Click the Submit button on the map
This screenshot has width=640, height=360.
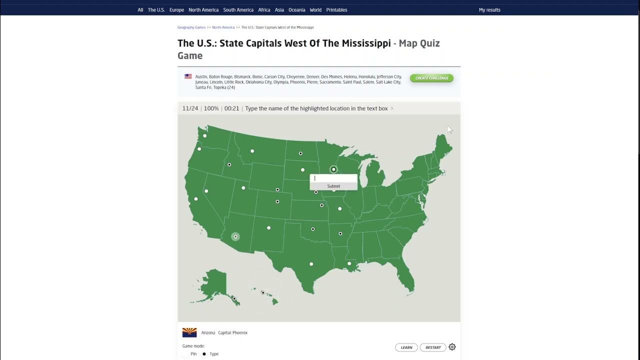(333, 186)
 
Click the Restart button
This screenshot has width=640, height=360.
(433, 347)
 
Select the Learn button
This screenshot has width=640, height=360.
(406, 347)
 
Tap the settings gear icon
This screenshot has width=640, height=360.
(452, 347)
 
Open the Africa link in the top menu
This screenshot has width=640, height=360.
(264, 10)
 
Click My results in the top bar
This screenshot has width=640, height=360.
(489, 10)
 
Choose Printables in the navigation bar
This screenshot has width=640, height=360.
(336, 10)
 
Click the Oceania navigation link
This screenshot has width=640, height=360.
(297, 10)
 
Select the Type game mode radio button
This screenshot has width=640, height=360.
(204, 354)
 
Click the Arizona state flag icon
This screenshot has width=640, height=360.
(189, 332)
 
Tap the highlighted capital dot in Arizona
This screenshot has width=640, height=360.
(235, 236)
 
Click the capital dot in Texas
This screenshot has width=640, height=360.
(311, 264)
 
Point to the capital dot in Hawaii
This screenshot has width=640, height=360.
(263, 292)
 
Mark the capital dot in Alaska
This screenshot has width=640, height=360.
(234, 298)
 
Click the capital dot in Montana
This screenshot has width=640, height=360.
(252, 151)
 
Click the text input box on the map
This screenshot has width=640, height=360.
(333, 178)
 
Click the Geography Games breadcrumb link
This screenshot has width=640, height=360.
(191, 27)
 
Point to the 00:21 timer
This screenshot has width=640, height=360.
(231, 108)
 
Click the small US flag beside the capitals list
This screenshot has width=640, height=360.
(188, 76)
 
